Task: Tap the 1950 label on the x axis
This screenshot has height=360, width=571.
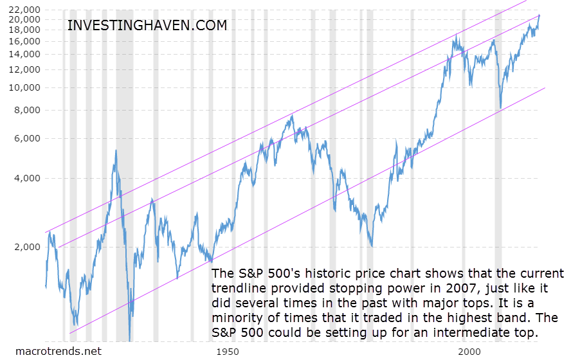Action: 228,352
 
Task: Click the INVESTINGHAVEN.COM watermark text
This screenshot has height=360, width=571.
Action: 147,26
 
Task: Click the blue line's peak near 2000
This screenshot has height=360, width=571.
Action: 457,35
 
